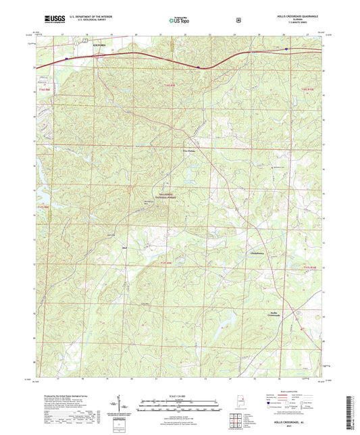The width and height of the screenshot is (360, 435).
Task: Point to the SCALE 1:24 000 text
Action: click(180, 396)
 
